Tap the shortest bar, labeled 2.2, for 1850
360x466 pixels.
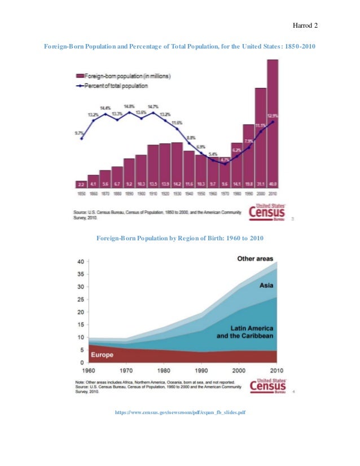[x=81, y=184]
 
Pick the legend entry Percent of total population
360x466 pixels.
[x=112, y=86]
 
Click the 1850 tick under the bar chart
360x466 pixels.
[x=81, y=194]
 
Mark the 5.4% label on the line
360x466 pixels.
[x=213, y=154]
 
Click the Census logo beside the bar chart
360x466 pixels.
[x=270, y=213]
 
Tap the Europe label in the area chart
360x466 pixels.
[x=101, y=355]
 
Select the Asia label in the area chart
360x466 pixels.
[x=266, y=285]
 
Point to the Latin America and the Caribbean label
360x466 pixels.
[x=245, y=332]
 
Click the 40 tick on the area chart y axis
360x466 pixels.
[x=81, y=262]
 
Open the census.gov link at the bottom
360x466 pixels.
[x=180, y=412]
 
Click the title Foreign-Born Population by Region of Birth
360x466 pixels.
[x=180, y=239]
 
